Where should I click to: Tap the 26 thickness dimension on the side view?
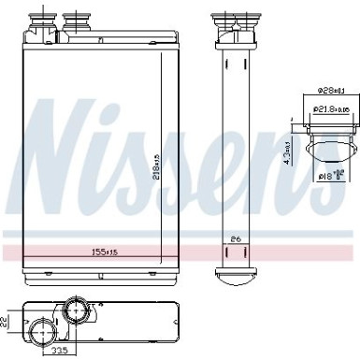pos(235,239)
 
